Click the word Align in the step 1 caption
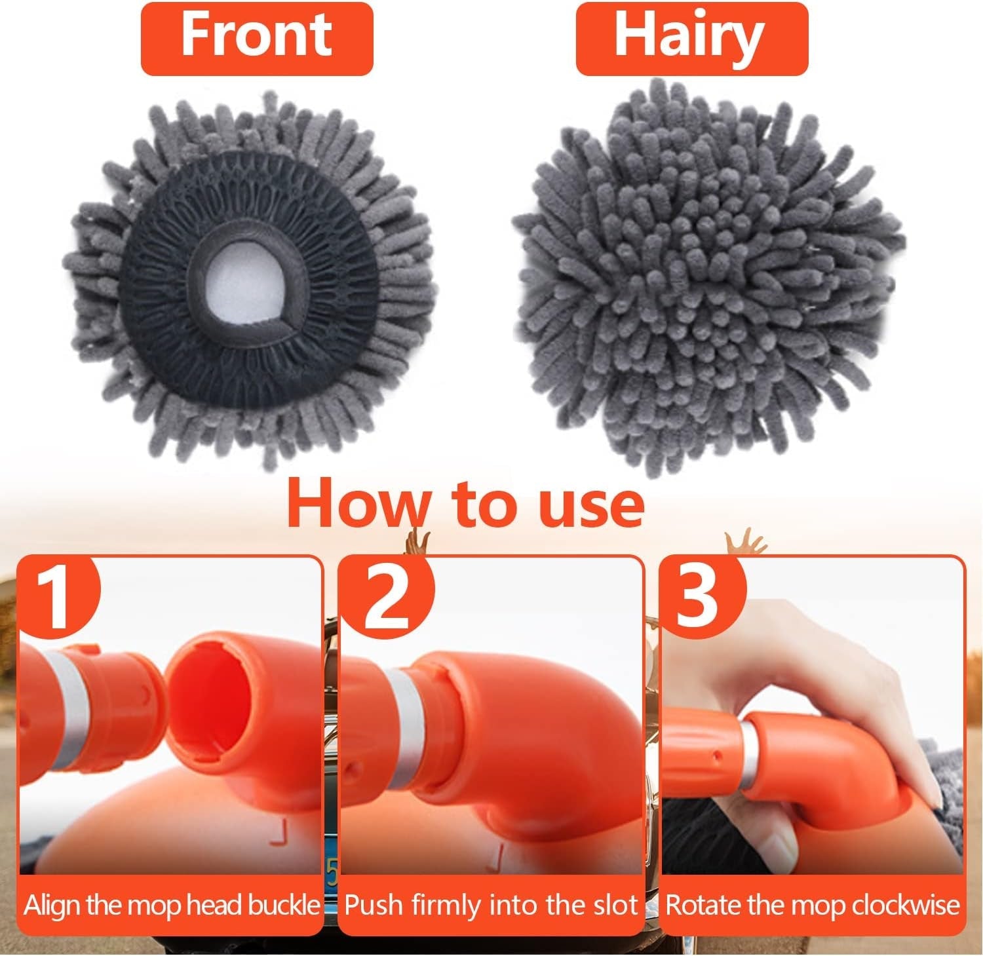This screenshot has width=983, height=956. pyautogui.click(x=52, y=906)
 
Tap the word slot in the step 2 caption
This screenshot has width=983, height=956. pyautogui.click(x=612, y=906)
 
